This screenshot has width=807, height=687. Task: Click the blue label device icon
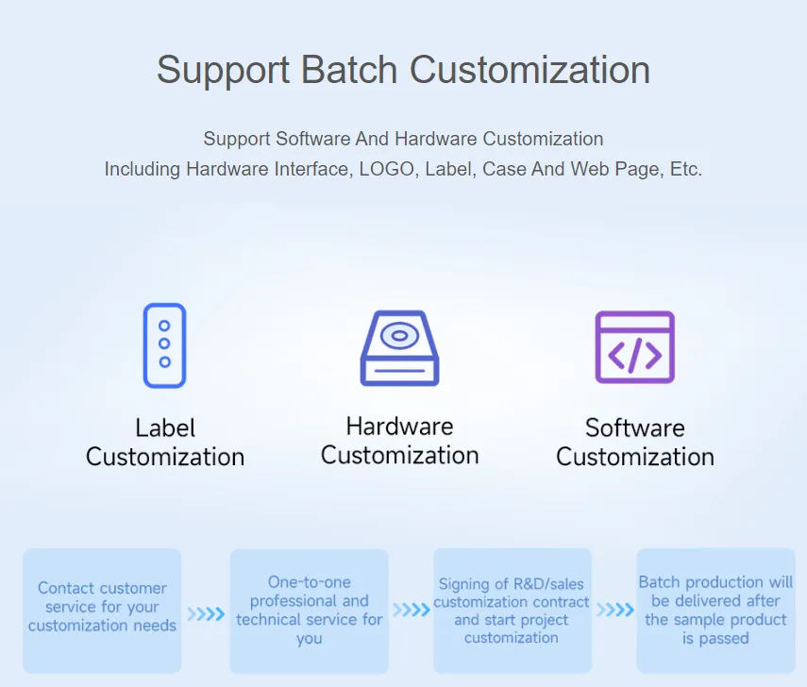click(164, 345)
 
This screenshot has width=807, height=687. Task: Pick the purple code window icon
click(634, 347)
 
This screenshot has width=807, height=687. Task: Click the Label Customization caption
click(165, 443)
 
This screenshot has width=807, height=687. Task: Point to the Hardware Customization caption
click(400, 441)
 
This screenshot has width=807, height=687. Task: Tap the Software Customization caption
click(635, 443)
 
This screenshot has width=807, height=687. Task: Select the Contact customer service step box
click(102, 610)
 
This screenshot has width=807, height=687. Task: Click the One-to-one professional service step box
click(310, 611)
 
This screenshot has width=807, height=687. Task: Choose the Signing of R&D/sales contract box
click(512, 611)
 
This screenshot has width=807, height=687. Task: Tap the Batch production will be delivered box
click(715, 610)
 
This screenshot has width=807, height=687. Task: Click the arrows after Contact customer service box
click(206, 614)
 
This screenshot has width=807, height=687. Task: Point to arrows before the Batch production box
click(614, 610)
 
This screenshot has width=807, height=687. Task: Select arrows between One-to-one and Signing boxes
click(411, 610)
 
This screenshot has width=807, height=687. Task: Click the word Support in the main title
click(223, 71)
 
